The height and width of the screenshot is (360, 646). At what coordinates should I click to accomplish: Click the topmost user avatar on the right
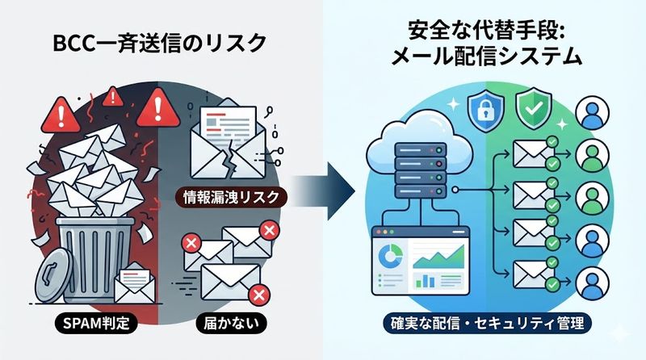(596, 112)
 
